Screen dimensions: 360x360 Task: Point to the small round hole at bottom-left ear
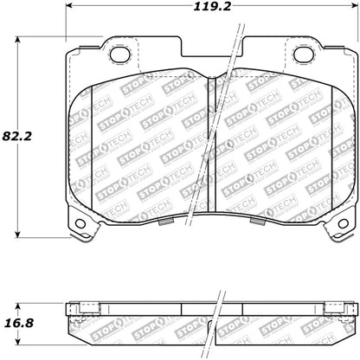pyautogui.click(x=83, y=227)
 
